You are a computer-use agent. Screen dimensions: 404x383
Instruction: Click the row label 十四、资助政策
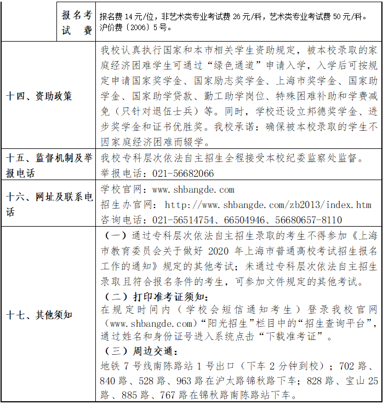pyautogui.click(x=39, y=96)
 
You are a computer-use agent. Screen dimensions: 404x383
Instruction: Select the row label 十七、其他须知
pyautogui.click(x=39, y=315)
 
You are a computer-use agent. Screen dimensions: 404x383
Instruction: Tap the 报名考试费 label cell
pyautogui.click(x=77, y=23)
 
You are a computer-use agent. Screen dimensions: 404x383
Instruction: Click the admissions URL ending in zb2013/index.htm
pyautogui.click(x=268, y=205)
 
